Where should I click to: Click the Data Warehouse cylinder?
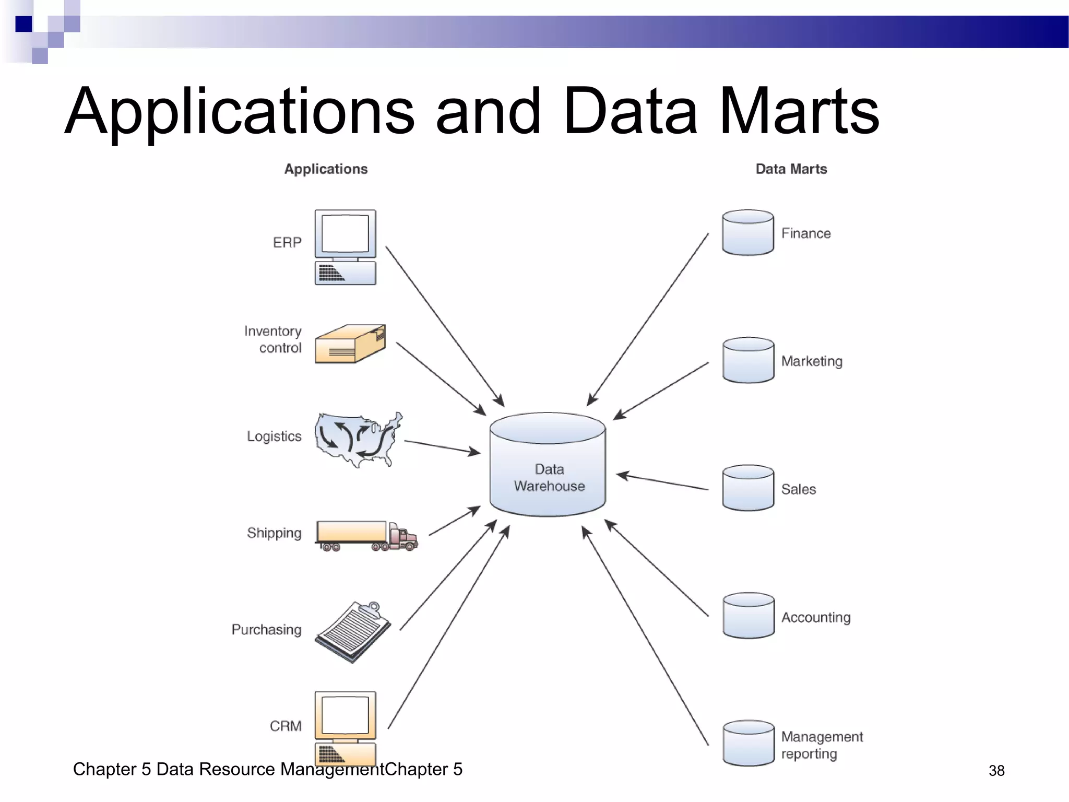548,465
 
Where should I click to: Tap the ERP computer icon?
345,246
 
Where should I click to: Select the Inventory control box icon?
350,344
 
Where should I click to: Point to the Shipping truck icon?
366,536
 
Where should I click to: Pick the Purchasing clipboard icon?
353,632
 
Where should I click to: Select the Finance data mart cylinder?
748,233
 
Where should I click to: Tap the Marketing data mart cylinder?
748,360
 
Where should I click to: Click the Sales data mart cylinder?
748,488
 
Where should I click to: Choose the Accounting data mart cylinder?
748,616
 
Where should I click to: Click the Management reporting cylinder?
748,744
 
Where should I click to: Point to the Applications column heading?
326,169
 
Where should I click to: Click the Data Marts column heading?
791,169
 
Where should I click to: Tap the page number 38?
996,771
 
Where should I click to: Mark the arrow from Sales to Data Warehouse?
662,482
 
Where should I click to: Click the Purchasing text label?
266,630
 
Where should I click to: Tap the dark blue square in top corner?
23,24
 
